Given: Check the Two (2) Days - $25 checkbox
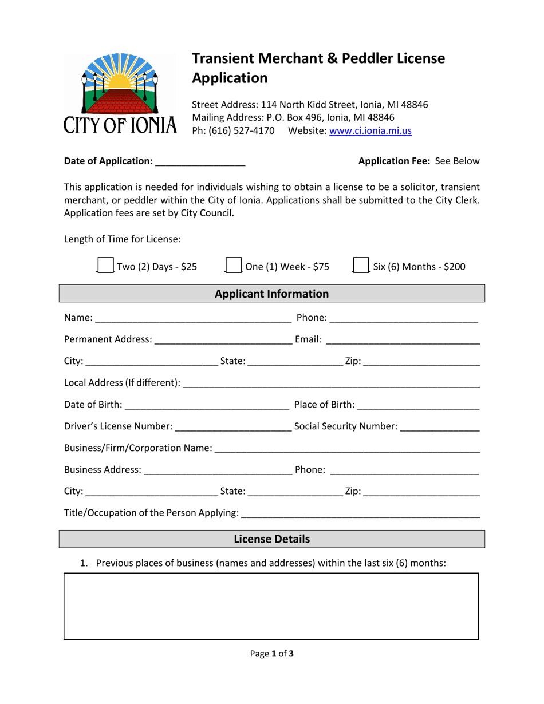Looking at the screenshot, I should click(105, 266).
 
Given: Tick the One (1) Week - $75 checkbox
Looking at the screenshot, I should click(234, 266).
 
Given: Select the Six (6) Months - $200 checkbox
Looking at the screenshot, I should click(361, 266).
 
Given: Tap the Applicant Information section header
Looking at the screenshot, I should click(272, 294).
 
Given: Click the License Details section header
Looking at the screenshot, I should click(272, 539).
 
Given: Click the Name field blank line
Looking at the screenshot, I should click(193, 318).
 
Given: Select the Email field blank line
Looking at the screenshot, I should click(402, 340).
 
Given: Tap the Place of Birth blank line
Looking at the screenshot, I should click(417, 405).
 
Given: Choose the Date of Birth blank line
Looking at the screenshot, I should click(206, 405).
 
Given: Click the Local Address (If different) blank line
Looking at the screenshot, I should click(331, 383).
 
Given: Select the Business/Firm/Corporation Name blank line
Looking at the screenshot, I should click(348, 448).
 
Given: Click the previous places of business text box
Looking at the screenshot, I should click(271, 606).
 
